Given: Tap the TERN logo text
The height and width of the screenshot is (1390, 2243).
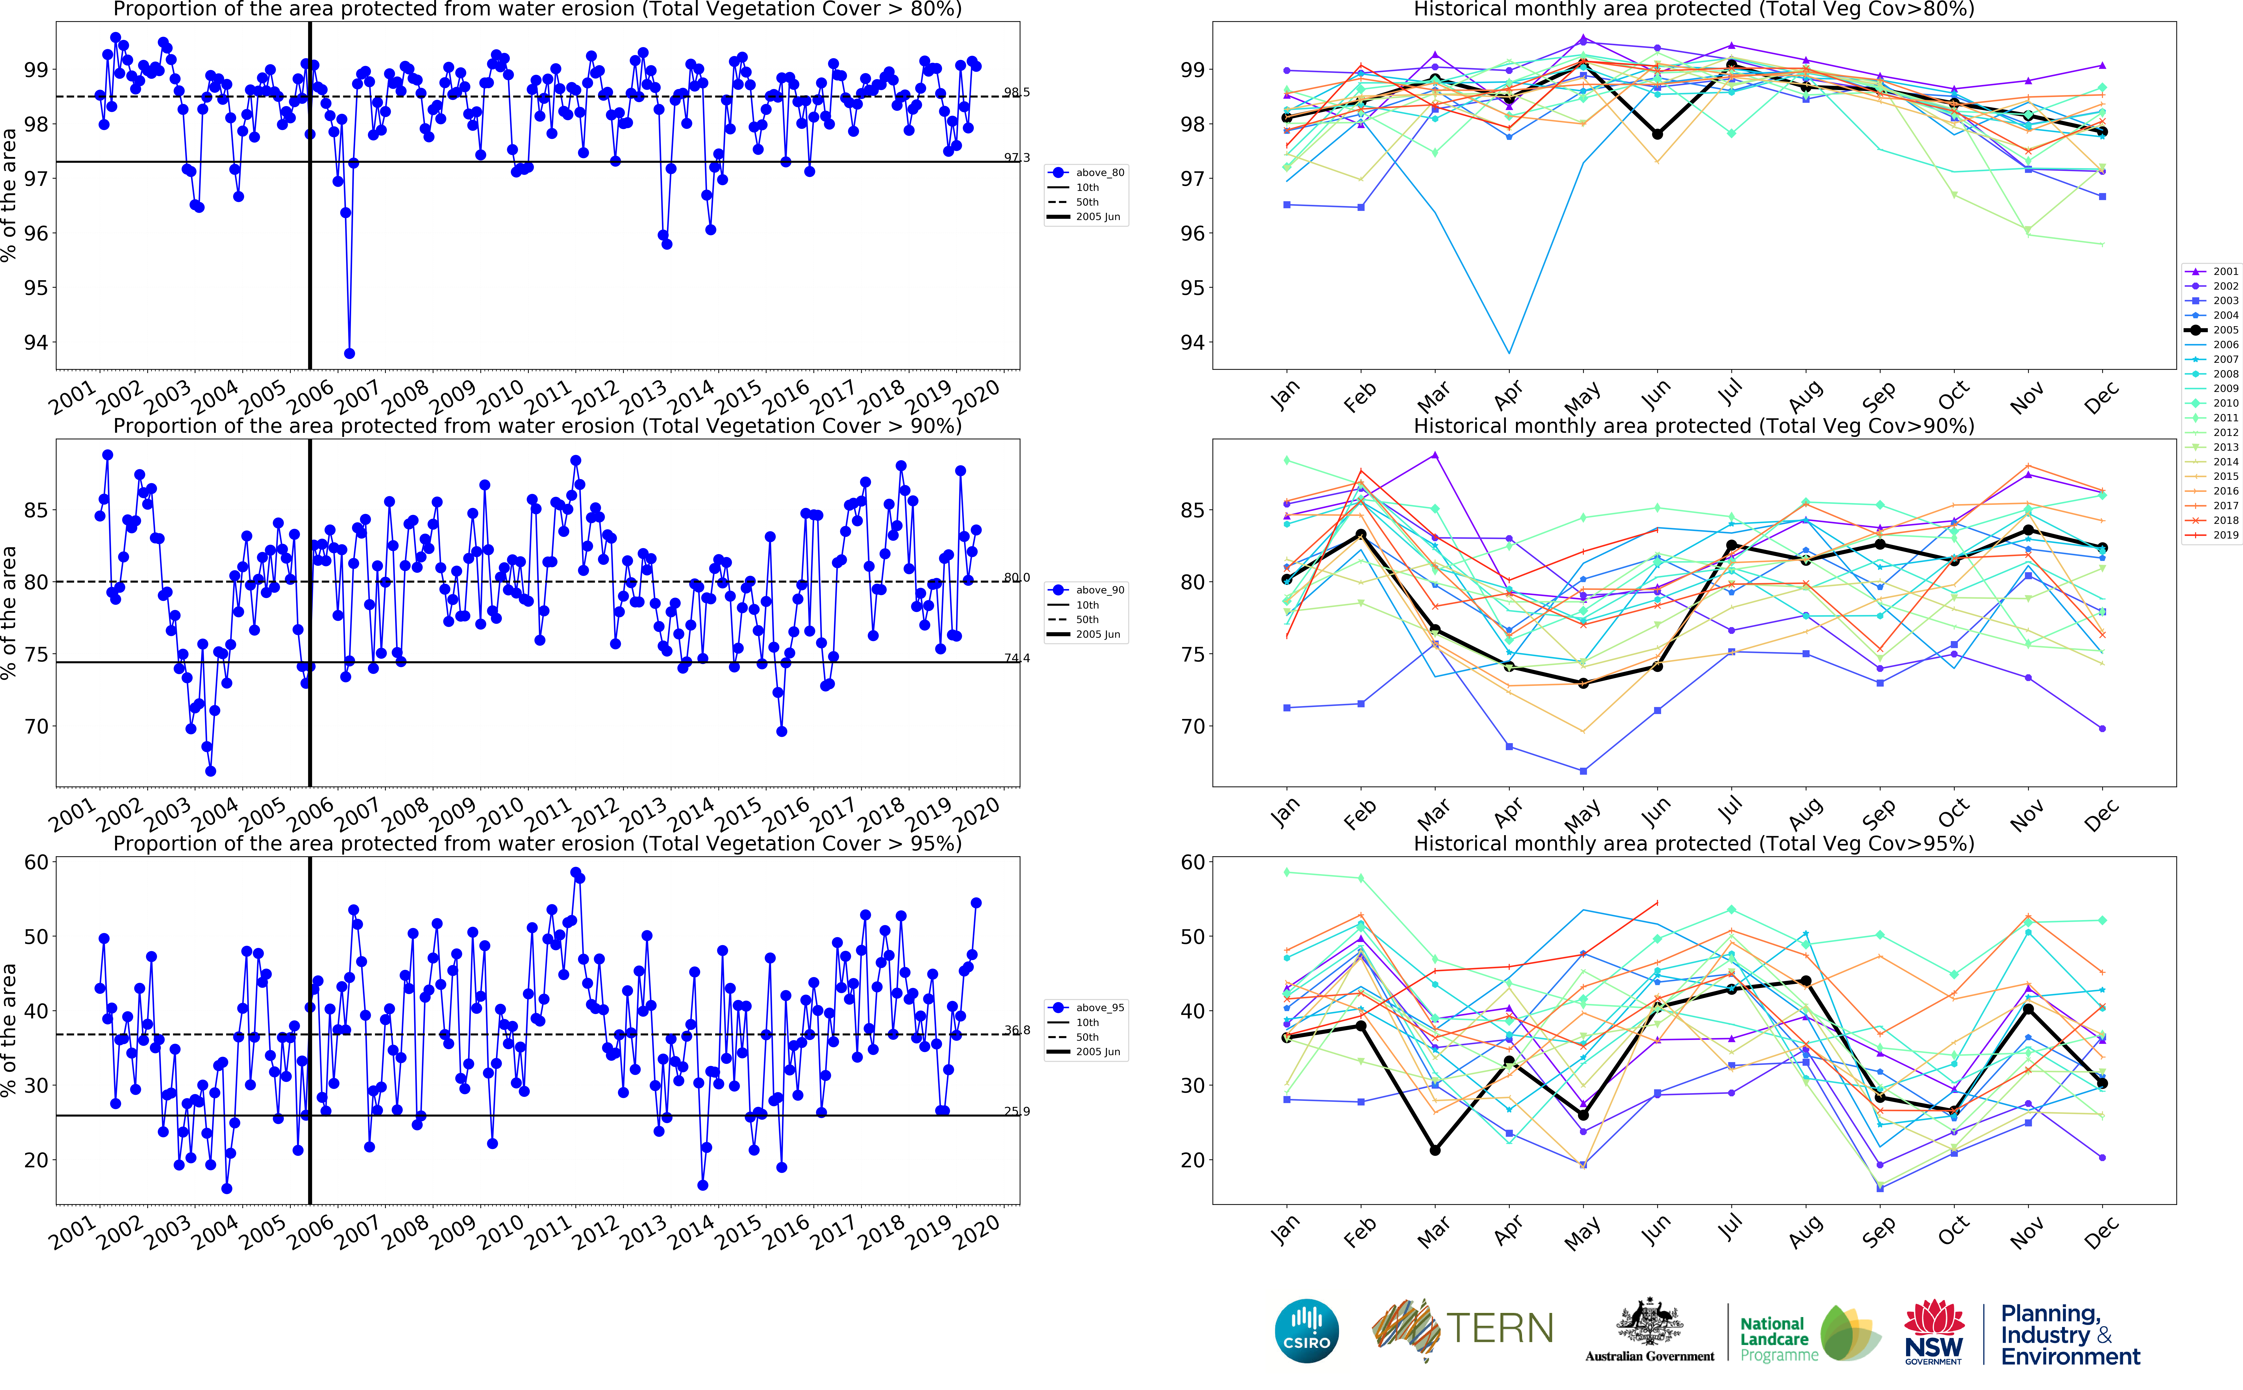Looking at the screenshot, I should (1500, 1328).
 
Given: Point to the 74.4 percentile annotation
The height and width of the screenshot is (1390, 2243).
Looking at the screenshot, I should (1016, 658).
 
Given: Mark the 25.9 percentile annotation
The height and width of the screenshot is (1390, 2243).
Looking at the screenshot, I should (1016, 1111).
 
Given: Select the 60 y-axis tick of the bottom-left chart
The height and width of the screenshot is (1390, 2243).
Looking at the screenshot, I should (36, 862).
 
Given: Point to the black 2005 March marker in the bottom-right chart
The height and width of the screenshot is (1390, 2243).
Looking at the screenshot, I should (1434, 1150).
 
